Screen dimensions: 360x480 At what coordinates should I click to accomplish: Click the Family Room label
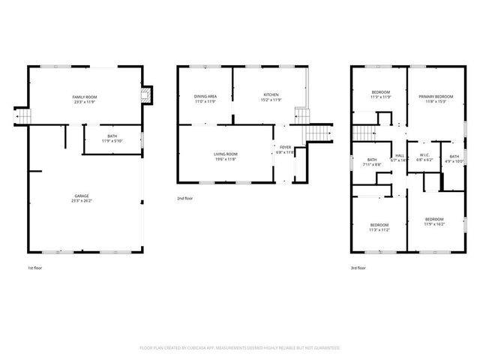85,97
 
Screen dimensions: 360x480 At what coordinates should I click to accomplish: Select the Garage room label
84,196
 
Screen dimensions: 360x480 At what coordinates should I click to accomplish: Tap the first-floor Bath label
112,136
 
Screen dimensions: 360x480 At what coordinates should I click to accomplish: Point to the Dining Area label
205,96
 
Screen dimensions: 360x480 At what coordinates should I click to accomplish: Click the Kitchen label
271,94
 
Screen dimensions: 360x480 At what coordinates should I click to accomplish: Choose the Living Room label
226,154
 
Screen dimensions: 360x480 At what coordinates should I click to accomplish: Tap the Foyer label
286,147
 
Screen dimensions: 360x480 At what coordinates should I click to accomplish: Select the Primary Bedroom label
436,97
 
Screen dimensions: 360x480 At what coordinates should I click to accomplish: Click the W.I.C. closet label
424,155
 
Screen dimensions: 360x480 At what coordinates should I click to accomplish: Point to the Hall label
400,155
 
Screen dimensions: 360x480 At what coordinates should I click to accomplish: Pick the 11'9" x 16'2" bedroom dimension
434,223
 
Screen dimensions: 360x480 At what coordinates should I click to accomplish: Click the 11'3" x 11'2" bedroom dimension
379,230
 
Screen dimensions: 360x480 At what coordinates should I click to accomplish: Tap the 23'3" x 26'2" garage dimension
84,201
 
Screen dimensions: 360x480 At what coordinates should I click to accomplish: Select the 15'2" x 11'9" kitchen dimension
271,100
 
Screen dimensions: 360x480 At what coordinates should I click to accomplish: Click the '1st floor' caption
35,267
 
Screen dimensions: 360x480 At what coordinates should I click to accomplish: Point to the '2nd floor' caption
185,199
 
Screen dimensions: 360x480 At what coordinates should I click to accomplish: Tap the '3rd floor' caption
358,267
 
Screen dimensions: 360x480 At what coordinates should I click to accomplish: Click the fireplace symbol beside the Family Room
148,95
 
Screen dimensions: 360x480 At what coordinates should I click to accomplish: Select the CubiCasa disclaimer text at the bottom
240,348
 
